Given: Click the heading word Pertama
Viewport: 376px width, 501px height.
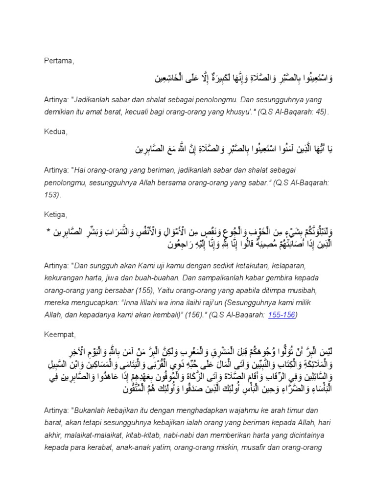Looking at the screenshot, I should tap(57, 61).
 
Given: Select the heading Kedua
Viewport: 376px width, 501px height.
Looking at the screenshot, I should tap(54, 132).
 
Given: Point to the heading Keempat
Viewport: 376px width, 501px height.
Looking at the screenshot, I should tap(59, 335).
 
